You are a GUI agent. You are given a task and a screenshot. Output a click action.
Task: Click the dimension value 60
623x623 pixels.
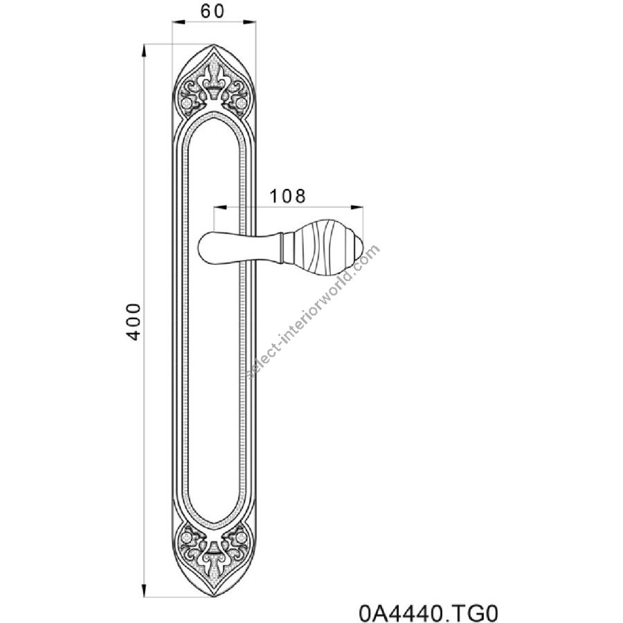coord(213,12)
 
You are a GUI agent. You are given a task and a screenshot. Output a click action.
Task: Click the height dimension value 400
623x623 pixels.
coord(134,321)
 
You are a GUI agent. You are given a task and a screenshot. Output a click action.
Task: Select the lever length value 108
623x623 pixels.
coord(288,197)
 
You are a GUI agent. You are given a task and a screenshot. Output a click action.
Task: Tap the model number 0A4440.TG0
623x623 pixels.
coord(428,613)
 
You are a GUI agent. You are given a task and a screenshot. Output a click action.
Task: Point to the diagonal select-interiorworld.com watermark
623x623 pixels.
coord(313,312)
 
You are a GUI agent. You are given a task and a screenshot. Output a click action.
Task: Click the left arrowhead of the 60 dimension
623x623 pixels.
coord(179,22)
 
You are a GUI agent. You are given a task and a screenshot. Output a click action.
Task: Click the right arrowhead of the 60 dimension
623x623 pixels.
coord(249,22)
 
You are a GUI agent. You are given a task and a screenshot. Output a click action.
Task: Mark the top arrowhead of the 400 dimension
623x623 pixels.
coord(145,51)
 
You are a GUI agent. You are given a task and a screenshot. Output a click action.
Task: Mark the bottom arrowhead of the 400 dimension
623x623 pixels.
coord(145,588)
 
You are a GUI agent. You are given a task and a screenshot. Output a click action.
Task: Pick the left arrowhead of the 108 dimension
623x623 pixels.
coord(220,207)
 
